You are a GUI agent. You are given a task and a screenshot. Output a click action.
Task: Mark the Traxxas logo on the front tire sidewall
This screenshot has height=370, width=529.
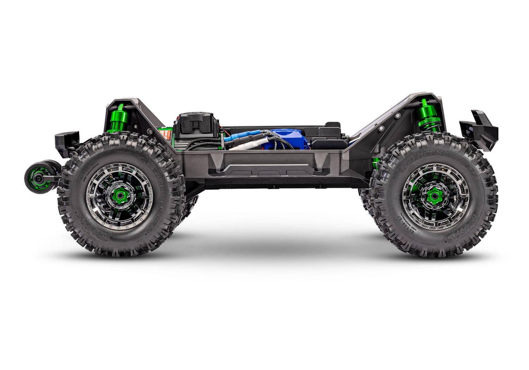462,236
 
